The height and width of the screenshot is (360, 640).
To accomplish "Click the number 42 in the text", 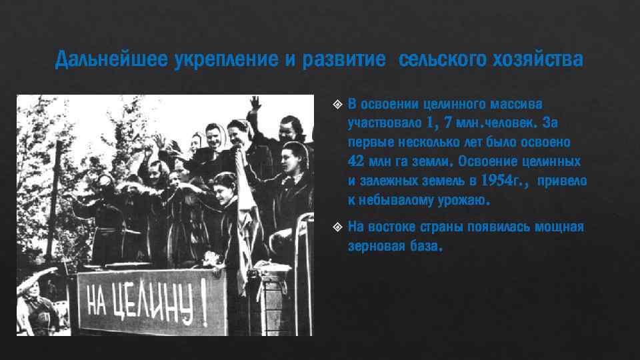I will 355,161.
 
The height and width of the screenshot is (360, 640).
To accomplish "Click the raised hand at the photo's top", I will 254,103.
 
